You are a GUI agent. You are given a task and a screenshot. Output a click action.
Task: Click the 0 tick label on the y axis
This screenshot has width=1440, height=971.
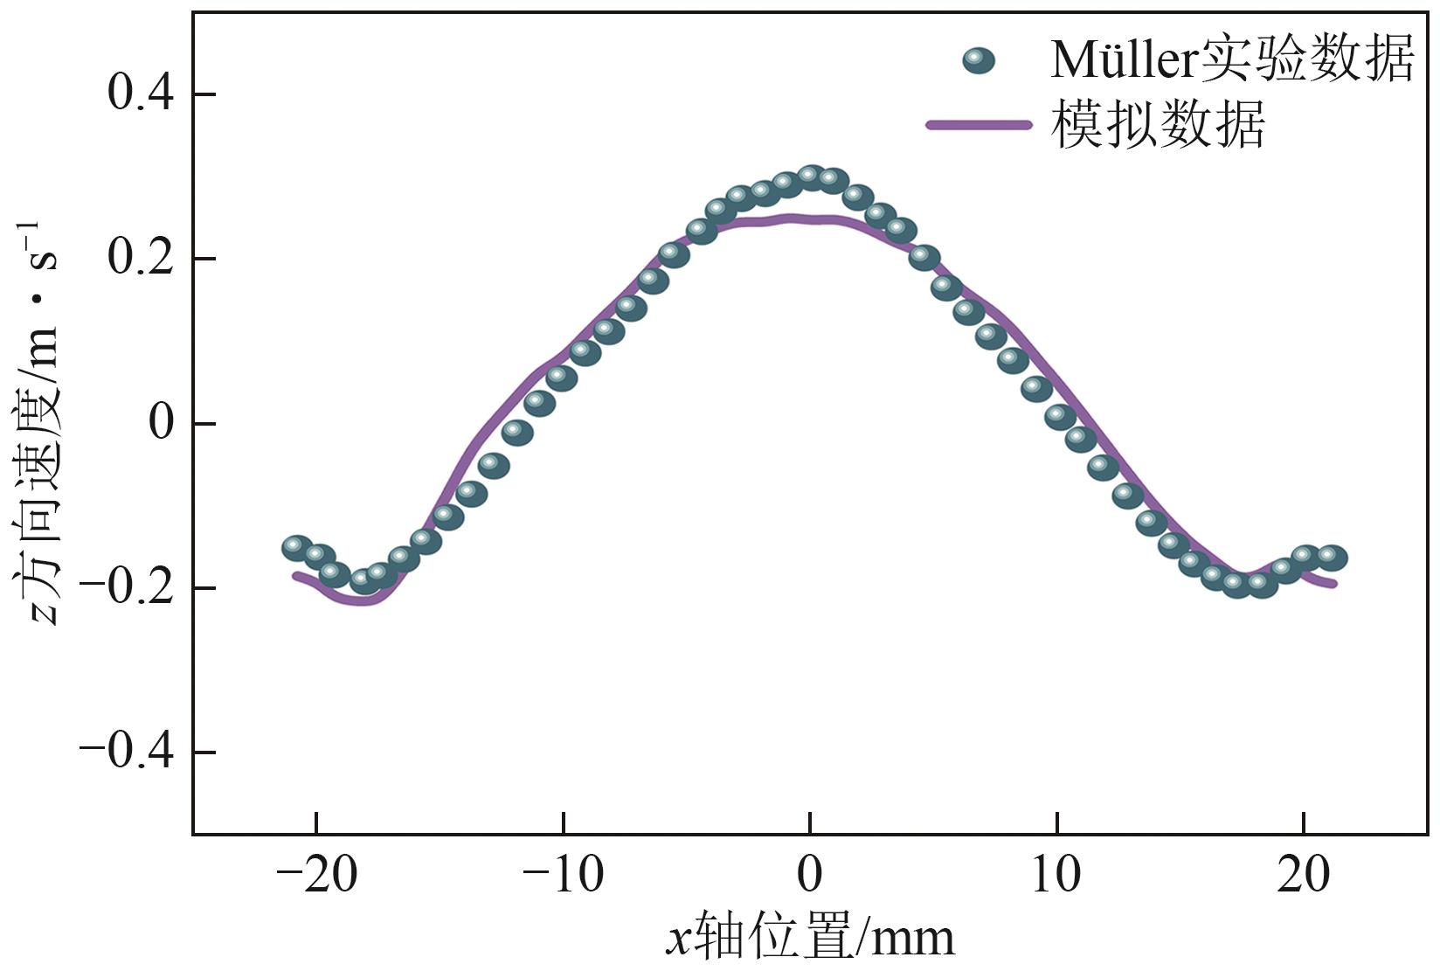[161, 423]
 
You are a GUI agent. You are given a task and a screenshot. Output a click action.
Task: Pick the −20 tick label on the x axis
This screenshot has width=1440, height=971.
[316, 875]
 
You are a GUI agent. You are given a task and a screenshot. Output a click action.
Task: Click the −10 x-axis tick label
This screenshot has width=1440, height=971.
[563, 875]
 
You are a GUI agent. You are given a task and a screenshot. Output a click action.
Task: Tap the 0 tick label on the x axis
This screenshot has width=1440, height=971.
[810, 875]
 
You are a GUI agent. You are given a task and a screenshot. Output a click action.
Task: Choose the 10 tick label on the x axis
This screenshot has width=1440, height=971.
[1056, 875]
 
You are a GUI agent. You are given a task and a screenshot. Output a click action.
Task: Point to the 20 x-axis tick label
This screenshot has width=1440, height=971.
[1303, 875]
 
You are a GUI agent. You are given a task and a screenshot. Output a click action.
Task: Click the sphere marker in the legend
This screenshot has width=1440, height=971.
[978, 60]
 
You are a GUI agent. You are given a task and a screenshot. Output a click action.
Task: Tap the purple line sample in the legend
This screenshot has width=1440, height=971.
[979, 125]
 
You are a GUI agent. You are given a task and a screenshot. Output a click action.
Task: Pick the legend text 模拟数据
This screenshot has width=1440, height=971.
[1158, 125]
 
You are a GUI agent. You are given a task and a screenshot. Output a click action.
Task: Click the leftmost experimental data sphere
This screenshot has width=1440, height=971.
[298, 548]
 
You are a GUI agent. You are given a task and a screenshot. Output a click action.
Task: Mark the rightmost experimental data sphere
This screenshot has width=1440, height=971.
[1332, 557]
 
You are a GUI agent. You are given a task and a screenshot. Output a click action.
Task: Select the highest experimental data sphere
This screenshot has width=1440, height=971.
[812, 177]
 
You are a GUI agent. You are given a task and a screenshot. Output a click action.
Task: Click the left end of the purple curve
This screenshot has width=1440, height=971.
[296, 575]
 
